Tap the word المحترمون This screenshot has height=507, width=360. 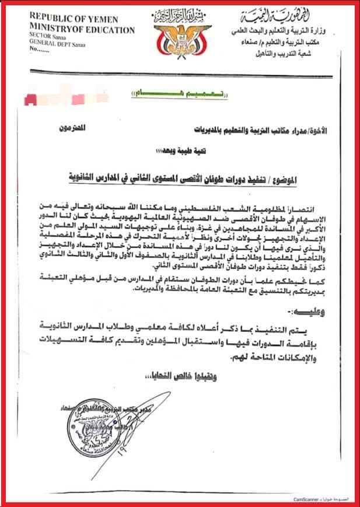[x=72, y=127]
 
